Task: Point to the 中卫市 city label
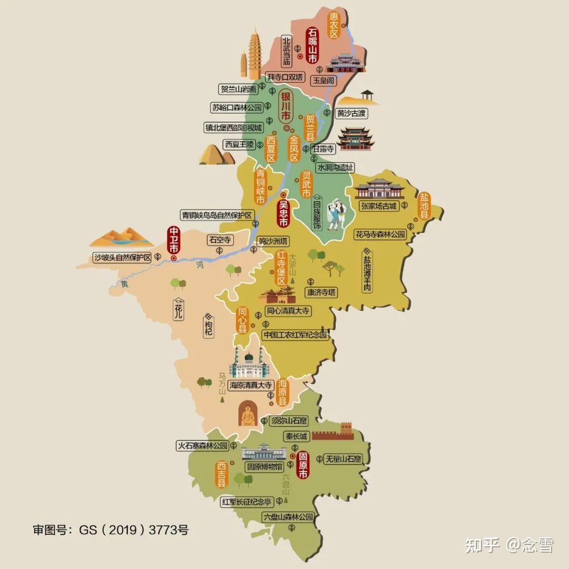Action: pyautogui.click(x=173, y=240)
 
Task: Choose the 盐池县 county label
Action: pyautogui.click(x=424, y=206)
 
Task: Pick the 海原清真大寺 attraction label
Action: pyautogui.click(x=250, y=385)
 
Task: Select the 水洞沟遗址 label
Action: pyautogui.click(x=335, y=167)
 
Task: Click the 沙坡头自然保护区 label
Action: pyautogui.click(x=122, y=258)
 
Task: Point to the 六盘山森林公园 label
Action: pyautogui.click(x=288, y=517)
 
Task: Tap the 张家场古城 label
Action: pyautogui.click(x=378, y=206)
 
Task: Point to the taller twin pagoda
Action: pyautogui.click(x=256, y=52)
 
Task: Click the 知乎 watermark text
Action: pyautogui.click(x=482, y=545)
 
